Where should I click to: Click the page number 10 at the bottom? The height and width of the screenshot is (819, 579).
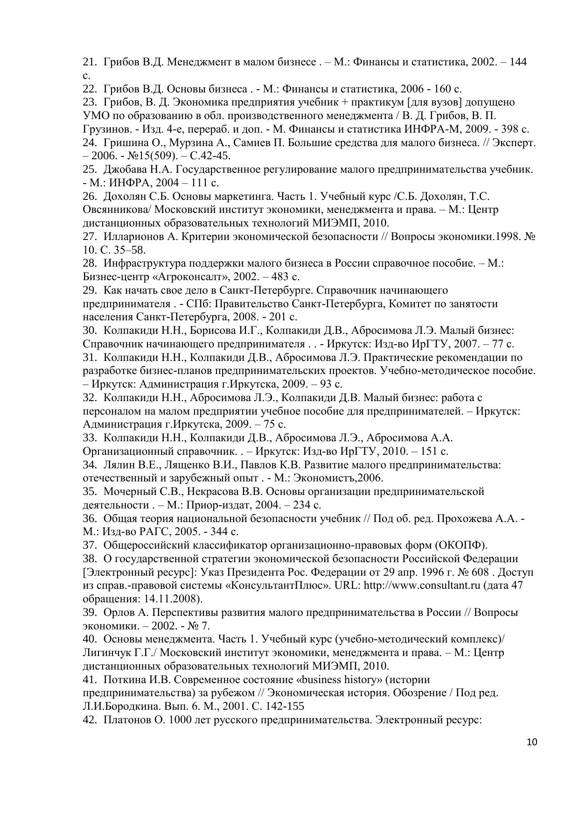pyautogui.click(x=532, y=742)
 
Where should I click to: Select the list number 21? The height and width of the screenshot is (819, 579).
pyautogui.click(x=89, y=62)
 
